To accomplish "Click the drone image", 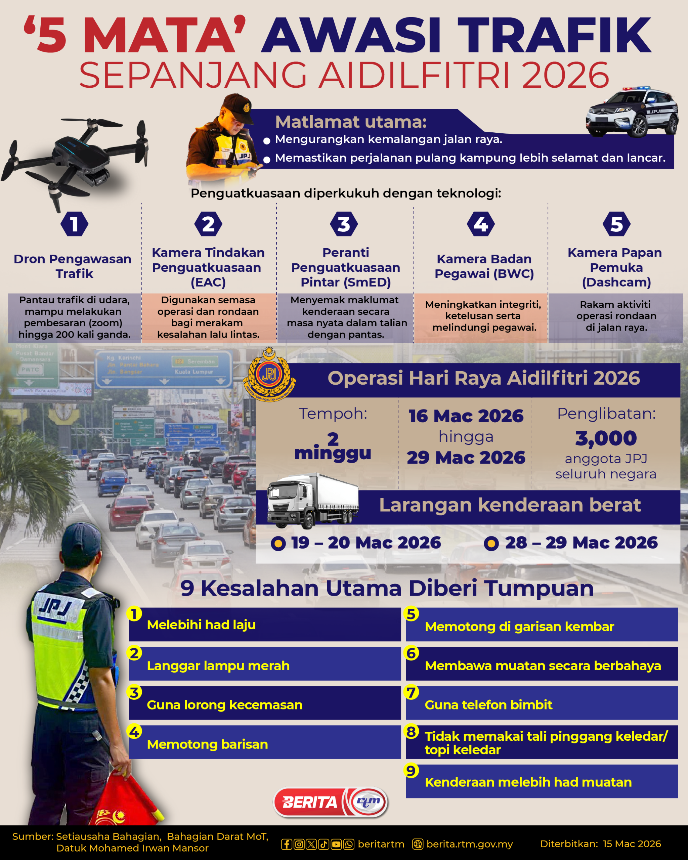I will click(x=76, y=160).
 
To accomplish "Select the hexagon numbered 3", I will click(x=344, y=224).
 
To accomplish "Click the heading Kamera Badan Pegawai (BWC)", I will click(x=484, y=266).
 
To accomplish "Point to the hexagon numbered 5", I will click(x=616, y=224).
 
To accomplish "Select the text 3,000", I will click(x=606, y=438).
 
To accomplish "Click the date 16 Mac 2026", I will click(x=466, y=416).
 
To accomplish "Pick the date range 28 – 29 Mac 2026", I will click(x=581, y=543).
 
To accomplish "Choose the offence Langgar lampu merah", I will click(x=218, y=666).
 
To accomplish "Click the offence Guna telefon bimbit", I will click(x=488, y=705).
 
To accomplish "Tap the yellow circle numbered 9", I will click(x=411, y=771).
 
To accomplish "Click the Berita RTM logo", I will click(x=330, y=802).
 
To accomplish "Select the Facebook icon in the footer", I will click(x=286, y=844).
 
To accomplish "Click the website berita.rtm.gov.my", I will click(x=469, y=844).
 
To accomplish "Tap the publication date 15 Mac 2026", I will click(x=632, y=844).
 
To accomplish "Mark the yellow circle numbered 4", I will click(x=134, y=732).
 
